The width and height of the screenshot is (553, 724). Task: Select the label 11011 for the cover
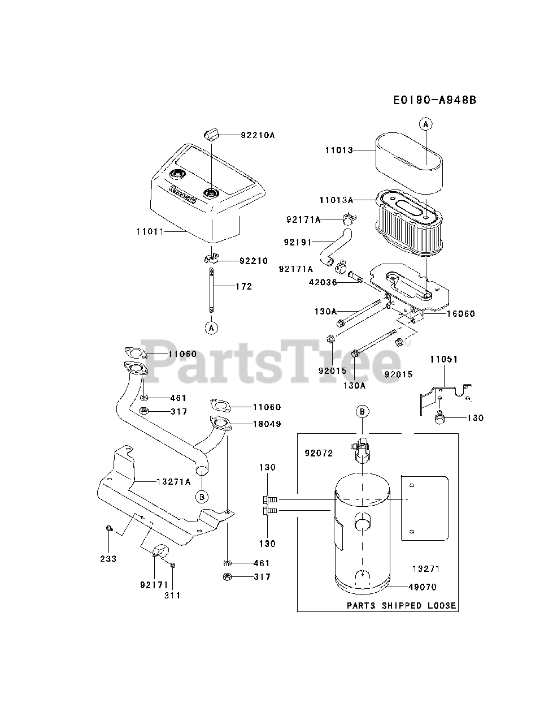(149, 231)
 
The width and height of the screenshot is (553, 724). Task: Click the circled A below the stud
(211, 327)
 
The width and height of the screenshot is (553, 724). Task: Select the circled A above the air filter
(425, 123)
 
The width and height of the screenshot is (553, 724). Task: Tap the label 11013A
(336, 200)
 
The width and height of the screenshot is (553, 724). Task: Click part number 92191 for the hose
(298, 242)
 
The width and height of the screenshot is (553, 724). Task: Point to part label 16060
(461, 314)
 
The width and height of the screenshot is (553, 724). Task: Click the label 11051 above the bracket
(443, 359)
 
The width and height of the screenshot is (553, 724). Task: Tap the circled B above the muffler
(363, 411)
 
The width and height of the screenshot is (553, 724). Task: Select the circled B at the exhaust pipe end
(202, 496)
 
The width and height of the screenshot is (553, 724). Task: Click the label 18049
(267, 424)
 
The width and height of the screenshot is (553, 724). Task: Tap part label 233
(108, 559)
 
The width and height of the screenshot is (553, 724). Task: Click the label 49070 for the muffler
(424, 587)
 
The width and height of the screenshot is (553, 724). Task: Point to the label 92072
(319, 453)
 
